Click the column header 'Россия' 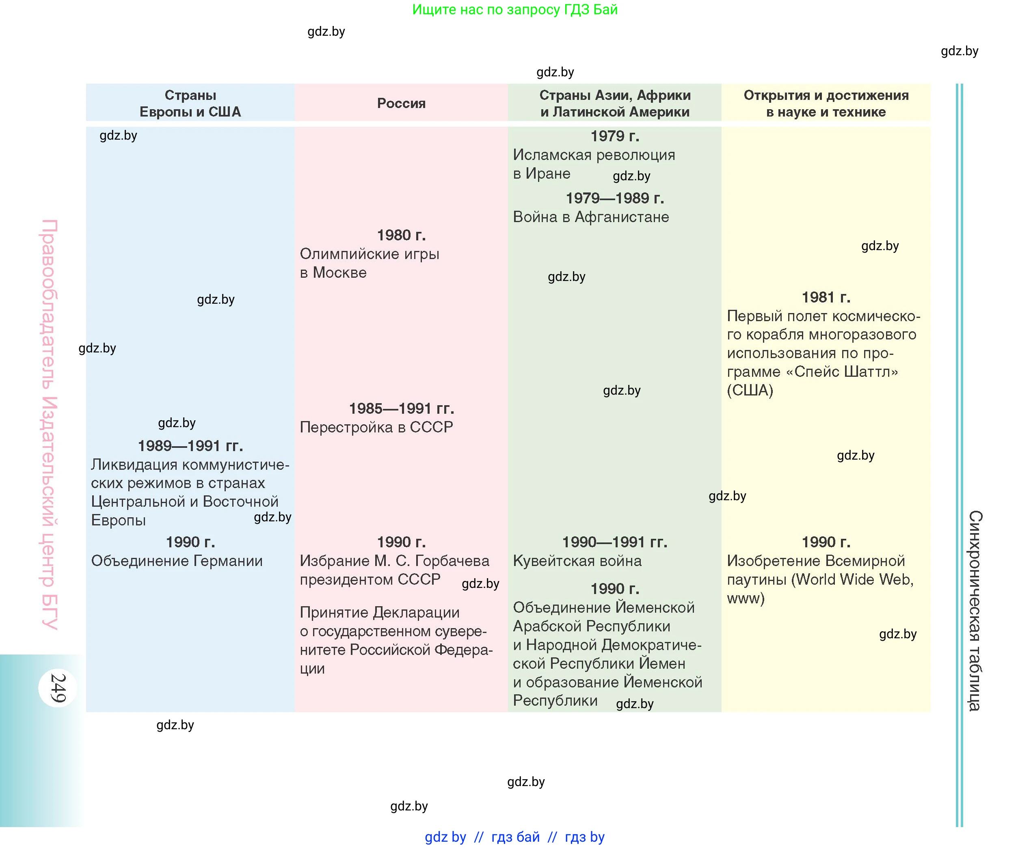click(401, 103)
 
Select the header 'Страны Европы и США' click(190, 103)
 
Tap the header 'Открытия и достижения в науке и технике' click(826, 103)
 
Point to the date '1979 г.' click(614, 136)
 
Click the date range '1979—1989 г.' click(614, 198)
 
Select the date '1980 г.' click(401, 235)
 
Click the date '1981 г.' click(826, 297)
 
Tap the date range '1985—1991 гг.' click(401, 408)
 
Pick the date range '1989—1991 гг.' click(190, 445)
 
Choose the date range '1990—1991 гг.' click(614, 542)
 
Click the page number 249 click(58, 688)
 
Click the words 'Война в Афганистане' click(590, 217)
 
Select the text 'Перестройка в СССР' click(376, 427)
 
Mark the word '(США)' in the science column click(750, 390)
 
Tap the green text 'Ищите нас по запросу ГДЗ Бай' click(514, 9)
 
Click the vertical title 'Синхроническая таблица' click(975, 610)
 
